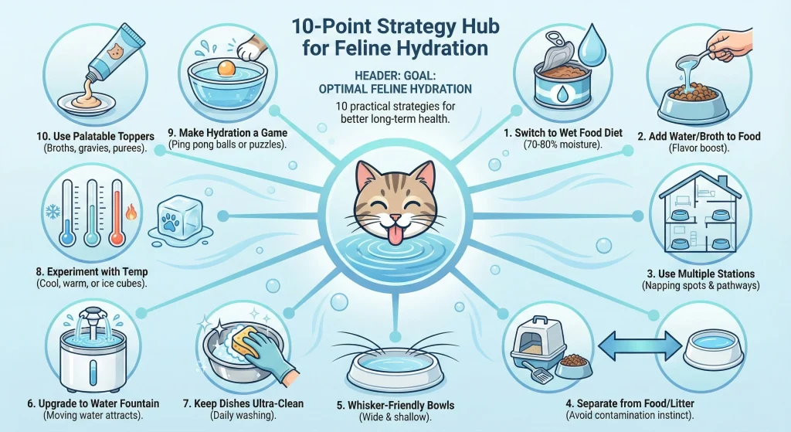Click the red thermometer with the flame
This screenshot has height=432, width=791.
117,212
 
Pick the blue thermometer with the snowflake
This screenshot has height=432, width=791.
68,212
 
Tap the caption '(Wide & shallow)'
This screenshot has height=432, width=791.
395,417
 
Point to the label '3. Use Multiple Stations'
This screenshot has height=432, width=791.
701,274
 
